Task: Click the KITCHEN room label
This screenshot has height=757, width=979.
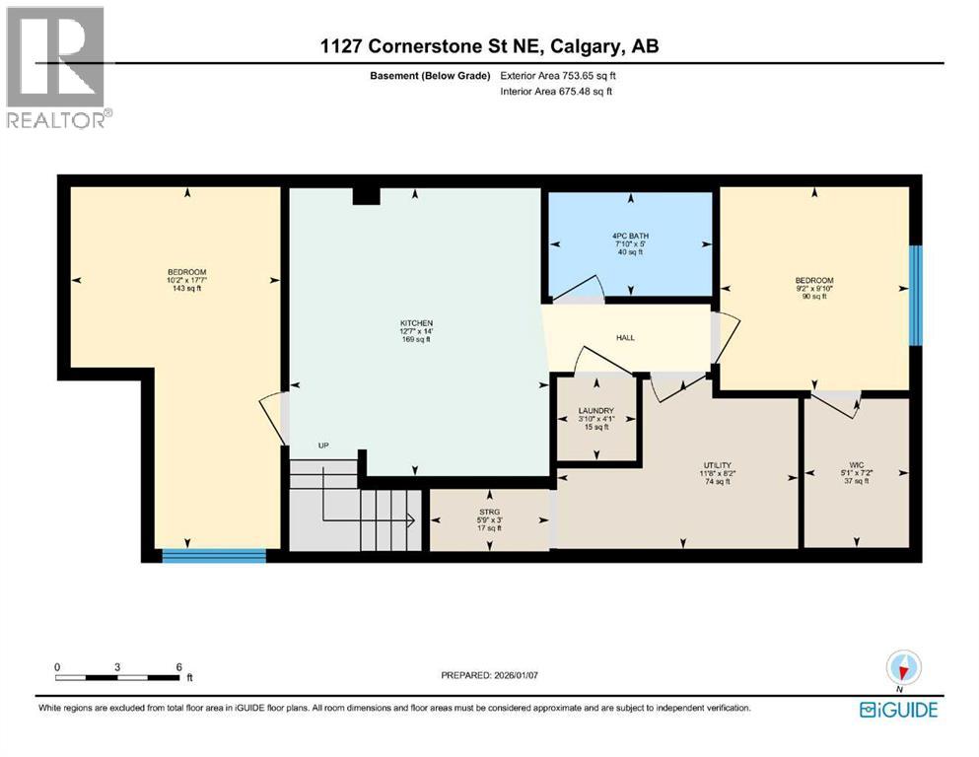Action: click(x=417, y=323)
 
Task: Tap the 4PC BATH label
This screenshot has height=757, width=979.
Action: click(x=630, y=236)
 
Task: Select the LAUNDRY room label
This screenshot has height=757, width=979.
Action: click(x=595, y=411)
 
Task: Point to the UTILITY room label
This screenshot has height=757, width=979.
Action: click(x=717, y=465)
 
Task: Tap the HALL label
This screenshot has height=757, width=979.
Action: click(x=625, y=338)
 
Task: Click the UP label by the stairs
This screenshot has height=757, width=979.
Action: click(x=322, y=446)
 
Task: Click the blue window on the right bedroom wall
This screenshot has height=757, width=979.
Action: click(x=915, y=295)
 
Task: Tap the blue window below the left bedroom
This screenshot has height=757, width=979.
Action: click(x=214, y=556)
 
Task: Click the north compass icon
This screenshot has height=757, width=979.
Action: click(x=900, y=667)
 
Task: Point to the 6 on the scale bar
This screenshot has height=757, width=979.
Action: click(x=178, y=667)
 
